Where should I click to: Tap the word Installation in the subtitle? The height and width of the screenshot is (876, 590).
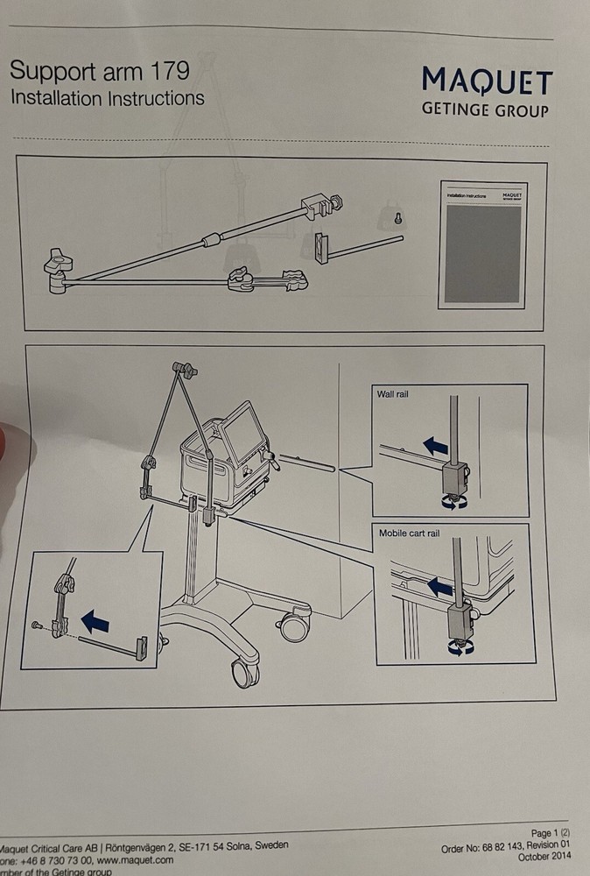56,97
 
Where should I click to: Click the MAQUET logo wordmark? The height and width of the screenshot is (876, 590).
487,82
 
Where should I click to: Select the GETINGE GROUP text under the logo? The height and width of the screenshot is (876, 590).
485,111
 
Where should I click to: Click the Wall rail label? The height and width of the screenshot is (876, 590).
393,394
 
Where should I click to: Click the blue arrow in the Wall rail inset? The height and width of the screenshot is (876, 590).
435,447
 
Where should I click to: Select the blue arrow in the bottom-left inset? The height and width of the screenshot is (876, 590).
95,622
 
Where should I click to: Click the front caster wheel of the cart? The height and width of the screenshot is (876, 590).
243,673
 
